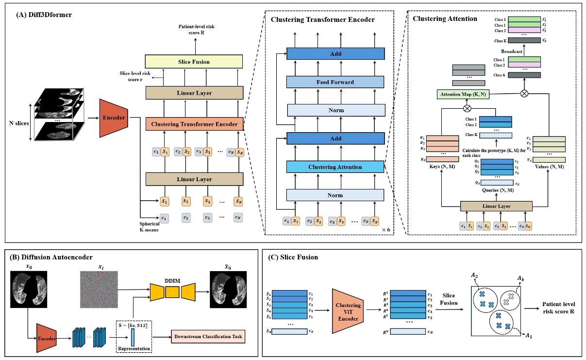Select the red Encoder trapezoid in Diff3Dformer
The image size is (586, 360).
(113, 118)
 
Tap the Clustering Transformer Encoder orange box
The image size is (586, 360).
(194, 124)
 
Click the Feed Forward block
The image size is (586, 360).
(335, 82)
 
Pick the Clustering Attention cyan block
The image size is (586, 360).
(335, 167)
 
